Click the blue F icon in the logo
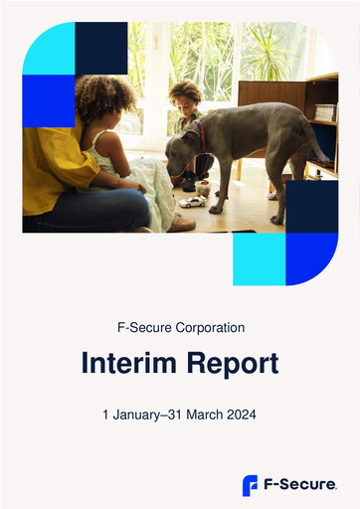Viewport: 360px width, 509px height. coord(251,485)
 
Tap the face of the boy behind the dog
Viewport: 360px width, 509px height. coord(184,100)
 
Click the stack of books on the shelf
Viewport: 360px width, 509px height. coord(325,112)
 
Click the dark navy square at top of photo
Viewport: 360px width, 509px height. coord(101,48)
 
